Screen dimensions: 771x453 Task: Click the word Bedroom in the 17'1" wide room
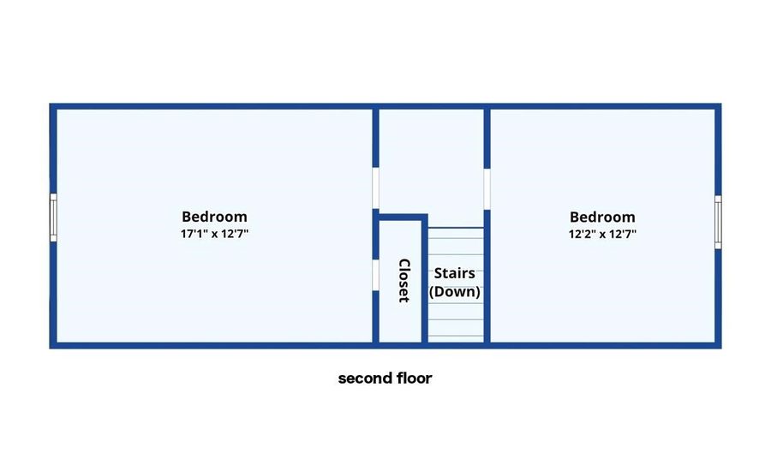[214, 217]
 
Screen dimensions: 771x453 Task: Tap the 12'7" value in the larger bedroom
[235, 234]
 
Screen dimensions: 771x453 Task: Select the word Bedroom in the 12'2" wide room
[602, 218]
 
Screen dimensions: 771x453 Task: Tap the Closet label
[403, 280]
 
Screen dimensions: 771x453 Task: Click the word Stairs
[454, 273]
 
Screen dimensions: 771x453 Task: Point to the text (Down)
[454, 291]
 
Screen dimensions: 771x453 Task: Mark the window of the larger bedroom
[53, 218]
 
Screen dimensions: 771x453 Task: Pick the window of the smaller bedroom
[718, 222]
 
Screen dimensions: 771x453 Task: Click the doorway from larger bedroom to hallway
[376, 188]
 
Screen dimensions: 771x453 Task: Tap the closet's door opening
[376, 275]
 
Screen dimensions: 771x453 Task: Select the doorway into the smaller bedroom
[487, 189]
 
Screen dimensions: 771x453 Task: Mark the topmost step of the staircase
[456, 234]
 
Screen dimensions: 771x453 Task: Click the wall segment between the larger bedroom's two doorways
[376, 235]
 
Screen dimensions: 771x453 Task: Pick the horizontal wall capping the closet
[400, 218]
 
